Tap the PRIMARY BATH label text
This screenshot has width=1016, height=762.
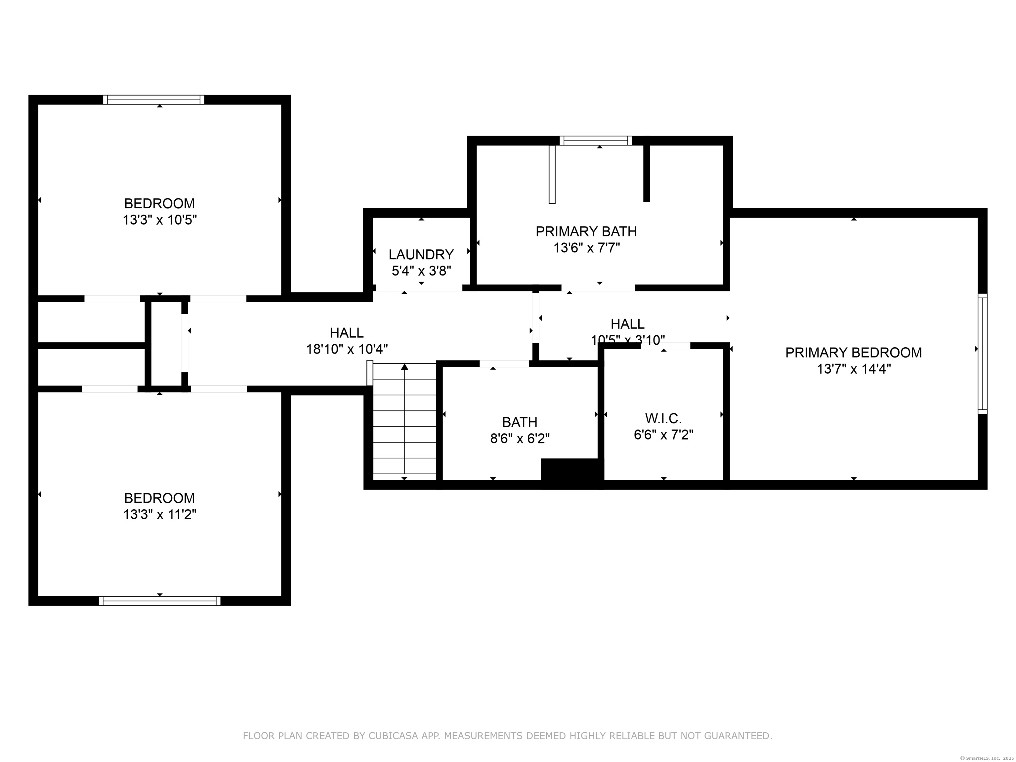[x=586, y=232]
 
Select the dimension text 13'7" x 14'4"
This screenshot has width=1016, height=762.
[x=853, y=369]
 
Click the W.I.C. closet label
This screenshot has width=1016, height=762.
[x=663, y=418]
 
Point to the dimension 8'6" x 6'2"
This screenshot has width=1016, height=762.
[x=520, y=439]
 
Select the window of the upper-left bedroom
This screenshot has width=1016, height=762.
[x=153, y=100]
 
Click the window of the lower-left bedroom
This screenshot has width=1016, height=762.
[x=159, y=601]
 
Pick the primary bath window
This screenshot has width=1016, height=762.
[x=595, y=141]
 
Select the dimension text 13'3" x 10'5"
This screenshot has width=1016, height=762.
[x=159, y=220]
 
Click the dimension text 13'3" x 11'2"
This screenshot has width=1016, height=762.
[x=159, y=514]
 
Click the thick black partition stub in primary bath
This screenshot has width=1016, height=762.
[x=646, y=173]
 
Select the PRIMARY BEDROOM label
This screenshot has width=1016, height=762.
[x=853, y=353]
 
